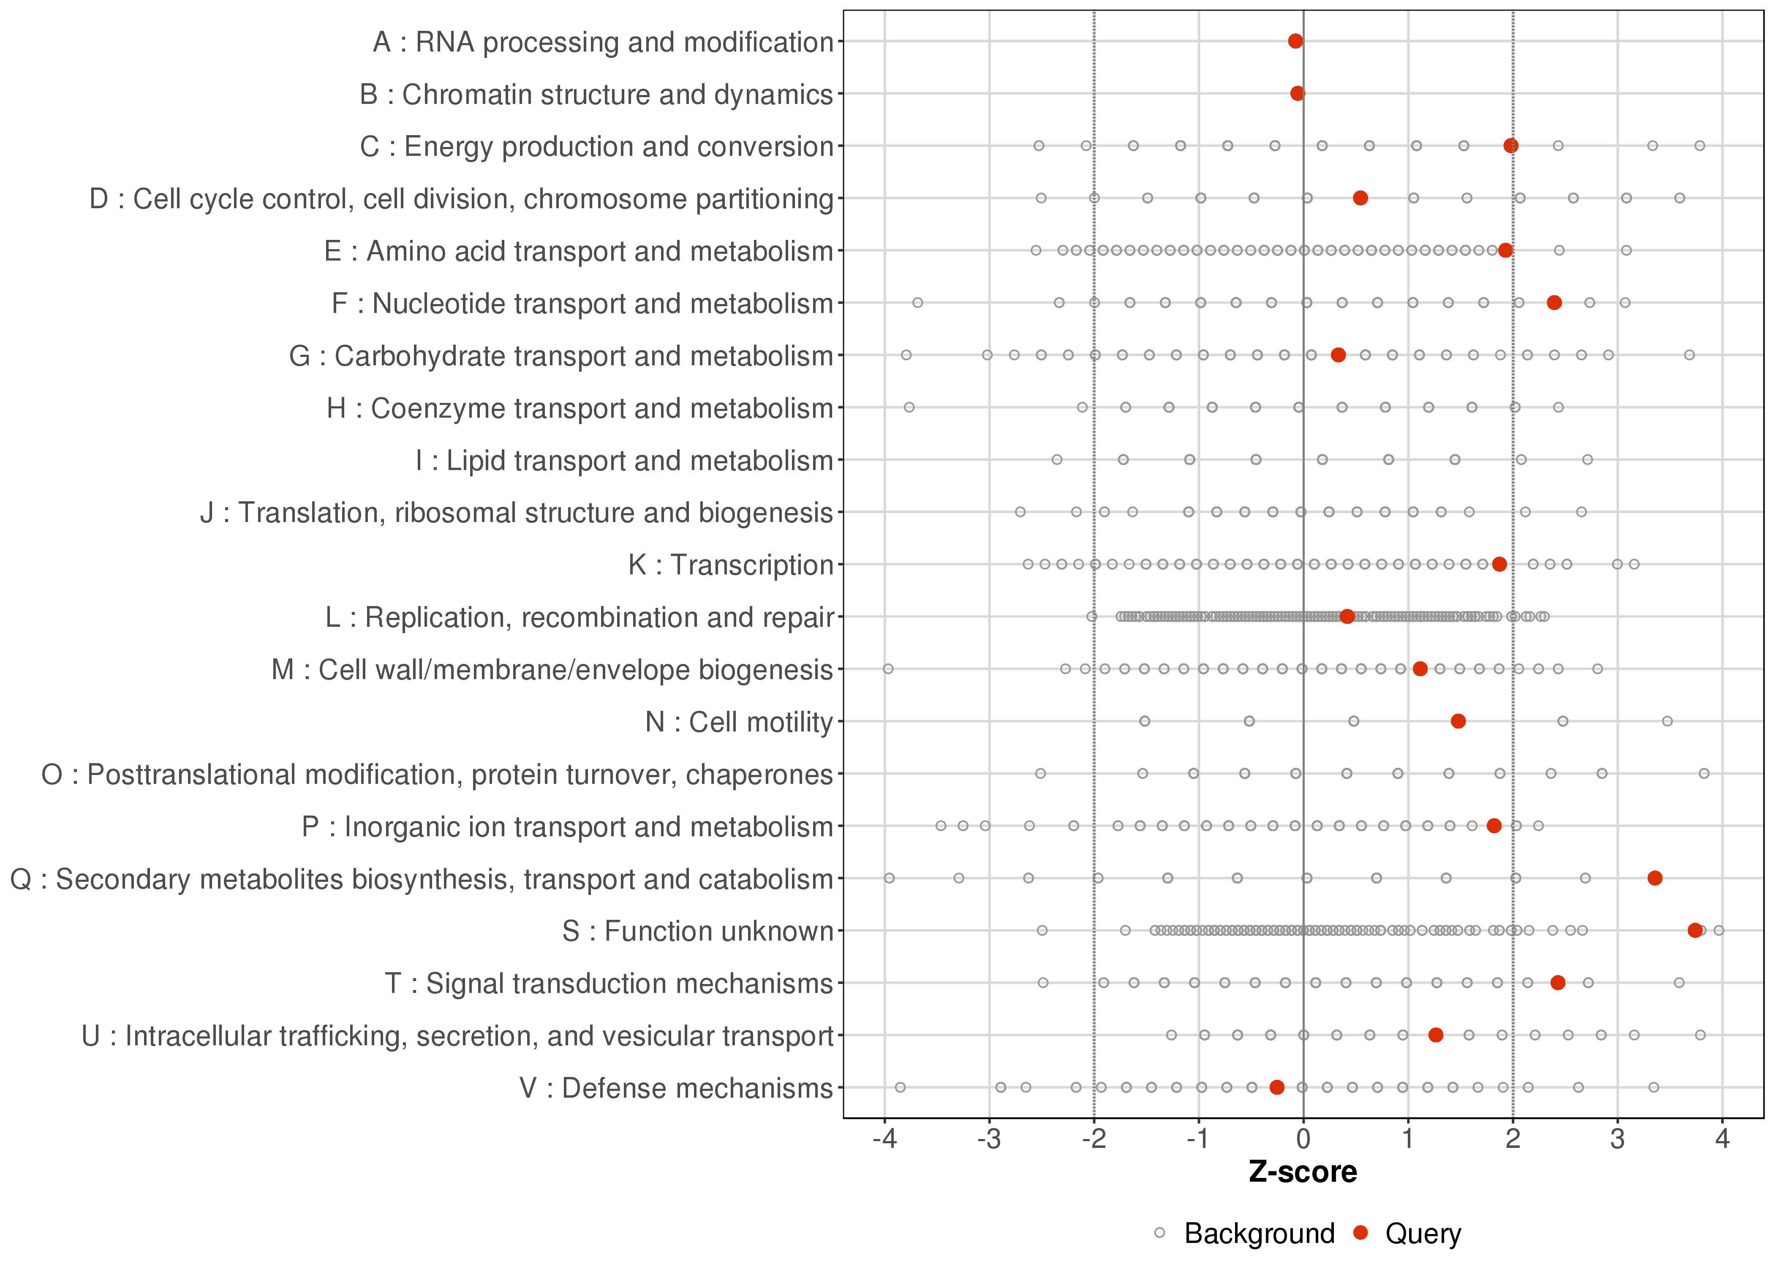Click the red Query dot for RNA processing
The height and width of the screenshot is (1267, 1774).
pyautogui.click(x=1295, y=41)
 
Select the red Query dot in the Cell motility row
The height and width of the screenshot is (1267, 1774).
pyautogui.click(x=1457, y=721)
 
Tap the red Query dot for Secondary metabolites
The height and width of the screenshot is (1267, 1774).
pyautogui.click(x=1654, y=878)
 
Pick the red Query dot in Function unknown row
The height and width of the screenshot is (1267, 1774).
pyautogui.click(x=1695, y=930)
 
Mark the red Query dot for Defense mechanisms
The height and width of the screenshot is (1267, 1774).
pyautogui.click(x=1276, y=1087)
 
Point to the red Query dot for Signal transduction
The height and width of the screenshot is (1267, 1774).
pyautogui.click(x=1557, y=982)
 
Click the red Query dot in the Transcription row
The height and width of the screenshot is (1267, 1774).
pyautogui.click(x=1499, y=564)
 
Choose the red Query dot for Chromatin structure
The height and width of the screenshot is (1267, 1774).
pyautogui.click(x=1297, y=94)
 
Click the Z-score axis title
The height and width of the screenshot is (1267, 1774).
pyautogui.click(x=1303, y=1172)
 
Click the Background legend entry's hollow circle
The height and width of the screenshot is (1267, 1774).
pyautogui.click(x=1159, y=1233)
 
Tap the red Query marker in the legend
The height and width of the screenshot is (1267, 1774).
pyautogui.click(x=1360, y=1233)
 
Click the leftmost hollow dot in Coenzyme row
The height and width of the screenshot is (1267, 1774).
pyautogui.click(x=909, y=407)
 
